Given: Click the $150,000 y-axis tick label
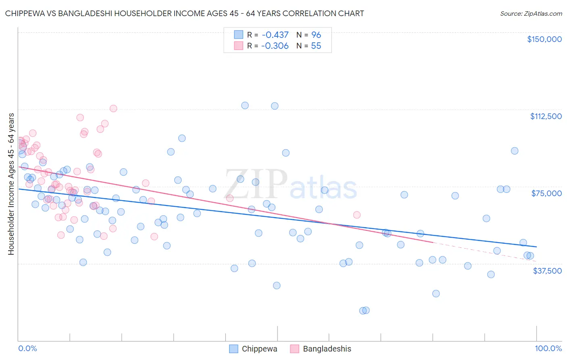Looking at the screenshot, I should tap(544, 39).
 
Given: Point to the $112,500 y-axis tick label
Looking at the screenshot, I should tap(546, 116).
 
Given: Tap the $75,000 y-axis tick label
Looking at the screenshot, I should tap(546, 193).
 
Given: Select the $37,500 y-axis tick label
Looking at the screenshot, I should tap(547, 271).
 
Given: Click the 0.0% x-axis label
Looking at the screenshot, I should tap(27, 349).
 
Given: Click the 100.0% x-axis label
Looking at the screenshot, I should tap(548, 349).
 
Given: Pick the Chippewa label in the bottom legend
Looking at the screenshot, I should tap(259, 349).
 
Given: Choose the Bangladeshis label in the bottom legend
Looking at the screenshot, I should tap(327, 349).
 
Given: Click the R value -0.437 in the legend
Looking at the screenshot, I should tap(275, 35).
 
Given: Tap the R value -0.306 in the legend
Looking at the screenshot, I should tap(275, 46).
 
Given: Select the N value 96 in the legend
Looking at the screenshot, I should tap(316, 35).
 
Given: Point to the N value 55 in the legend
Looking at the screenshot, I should tap(316, 46).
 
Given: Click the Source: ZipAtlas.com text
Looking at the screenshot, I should tap(531, 14).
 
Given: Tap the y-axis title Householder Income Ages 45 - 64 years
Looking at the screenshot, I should tap(11, 184).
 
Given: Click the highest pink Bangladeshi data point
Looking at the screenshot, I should tap(113, 109).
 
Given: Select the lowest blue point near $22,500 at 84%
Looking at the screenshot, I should tap(436, 294).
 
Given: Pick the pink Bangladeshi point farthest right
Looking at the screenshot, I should tap(357, 215).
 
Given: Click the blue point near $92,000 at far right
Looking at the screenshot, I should tap(515, 151).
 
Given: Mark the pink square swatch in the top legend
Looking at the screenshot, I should tap(239, 46).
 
